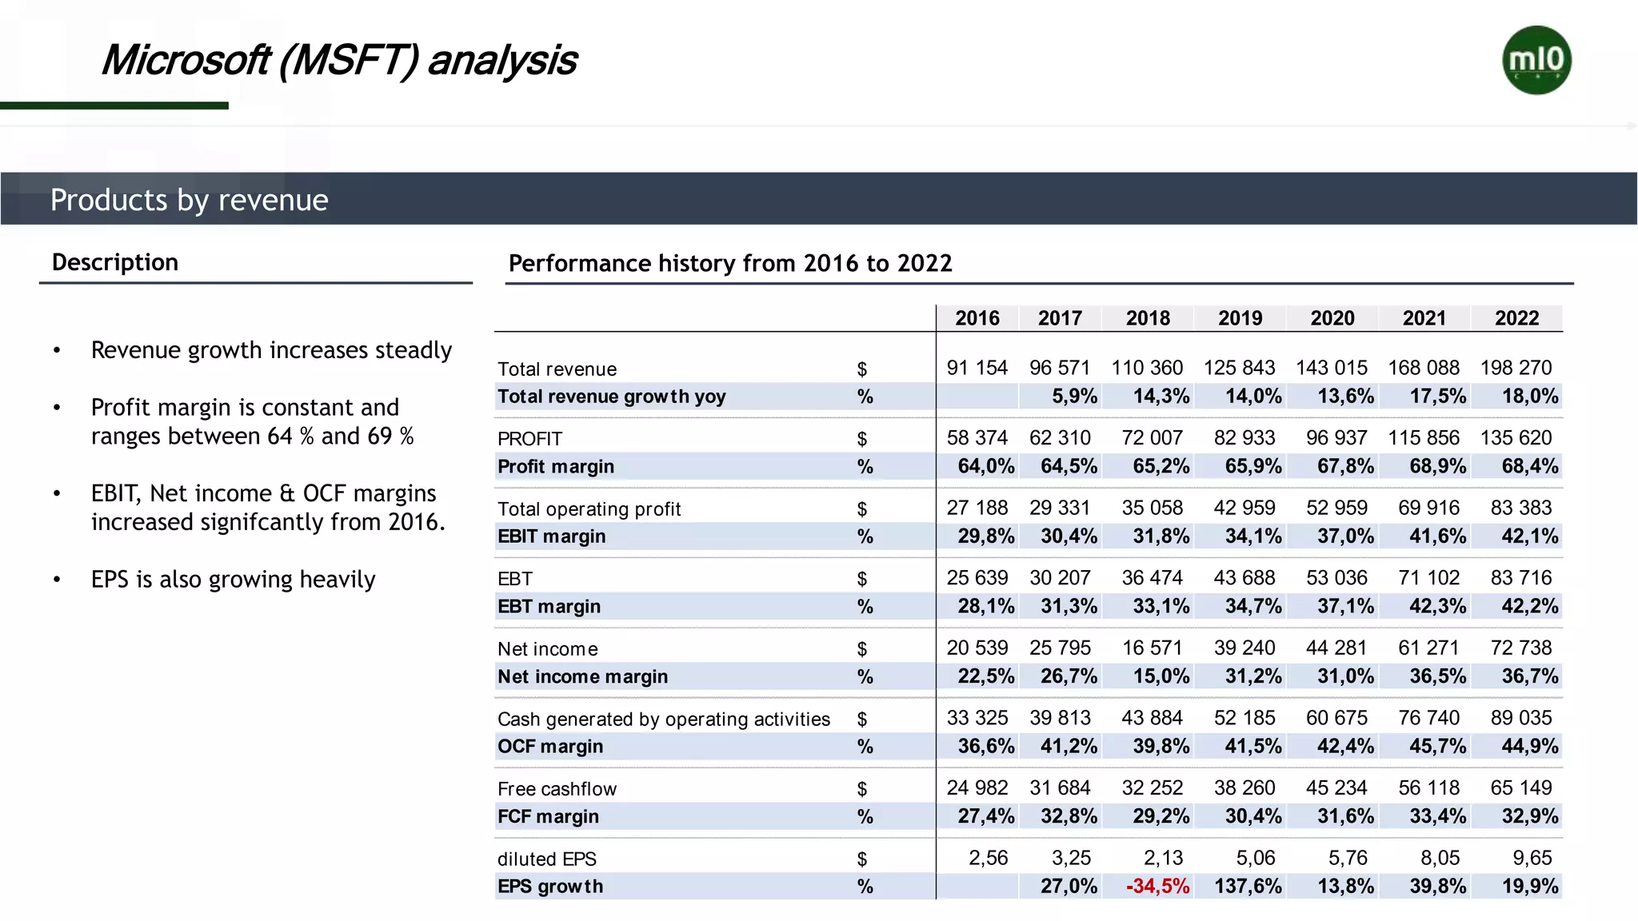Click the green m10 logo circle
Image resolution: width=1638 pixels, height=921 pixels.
1536,60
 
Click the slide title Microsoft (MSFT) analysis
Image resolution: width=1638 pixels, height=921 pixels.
338,60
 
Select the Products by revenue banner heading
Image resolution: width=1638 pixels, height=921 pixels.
189,199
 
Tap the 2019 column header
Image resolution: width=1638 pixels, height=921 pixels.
1240,318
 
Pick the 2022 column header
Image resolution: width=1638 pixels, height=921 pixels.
1516,318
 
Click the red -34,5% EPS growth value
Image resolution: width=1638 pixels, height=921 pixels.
1157,886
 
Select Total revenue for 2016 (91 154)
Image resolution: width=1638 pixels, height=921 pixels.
977,368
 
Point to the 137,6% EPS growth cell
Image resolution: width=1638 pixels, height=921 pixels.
1248,886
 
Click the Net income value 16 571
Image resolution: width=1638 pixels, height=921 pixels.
1152,648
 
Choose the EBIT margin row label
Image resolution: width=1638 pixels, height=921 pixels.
551,536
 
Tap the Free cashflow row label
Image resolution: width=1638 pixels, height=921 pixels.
557,789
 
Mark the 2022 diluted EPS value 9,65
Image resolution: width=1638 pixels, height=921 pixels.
1532,858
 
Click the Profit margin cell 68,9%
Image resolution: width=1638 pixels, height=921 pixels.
1437,466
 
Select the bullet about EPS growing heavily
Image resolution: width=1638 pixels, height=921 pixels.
233,579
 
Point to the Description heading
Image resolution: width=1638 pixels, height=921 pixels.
115,262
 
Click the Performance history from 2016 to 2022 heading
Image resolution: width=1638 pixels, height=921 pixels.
730,263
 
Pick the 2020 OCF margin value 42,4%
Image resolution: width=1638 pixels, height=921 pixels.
1345,746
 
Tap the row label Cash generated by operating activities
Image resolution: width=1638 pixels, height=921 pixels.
663,719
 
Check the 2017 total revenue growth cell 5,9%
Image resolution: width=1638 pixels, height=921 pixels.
1074,397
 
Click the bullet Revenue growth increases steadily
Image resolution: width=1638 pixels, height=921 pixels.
271,350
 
